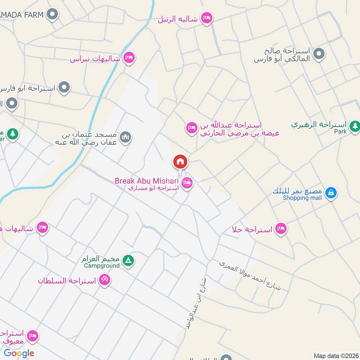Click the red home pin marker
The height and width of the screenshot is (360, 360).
point(180,162)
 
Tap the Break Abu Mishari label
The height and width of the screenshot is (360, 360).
point(147,180)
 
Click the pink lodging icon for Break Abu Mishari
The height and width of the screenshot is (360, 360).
point(187,183)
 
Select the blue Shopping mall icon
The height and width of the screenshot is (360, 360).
point(331,193)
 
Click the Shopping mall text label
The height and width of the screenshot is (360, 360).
point(301,197)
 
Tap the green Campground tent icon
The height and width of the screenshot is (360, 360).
point(128,261)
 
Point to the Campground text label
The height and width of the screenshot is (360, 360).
point(101,266)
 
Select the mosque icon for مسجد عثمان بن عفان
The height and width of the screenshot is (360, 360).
point(126,136)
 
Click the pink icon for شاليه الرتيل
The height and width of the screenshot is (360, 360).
point(207,18)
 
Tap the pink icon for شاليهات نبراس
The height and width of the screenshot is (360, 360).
point(129,58)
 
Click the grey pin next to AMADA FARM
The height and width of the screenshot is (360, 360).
point(53,15)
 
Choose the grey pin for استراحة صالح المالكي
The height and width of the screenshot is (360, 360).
point(319,54)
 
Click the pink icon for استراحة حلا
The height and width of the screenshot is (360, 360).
point(281,229)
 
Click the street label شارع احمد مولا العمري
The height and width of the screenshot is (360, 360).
point(250,275)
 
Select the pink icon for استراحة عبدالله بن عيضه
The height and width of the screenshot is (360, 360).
point(192,128)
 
